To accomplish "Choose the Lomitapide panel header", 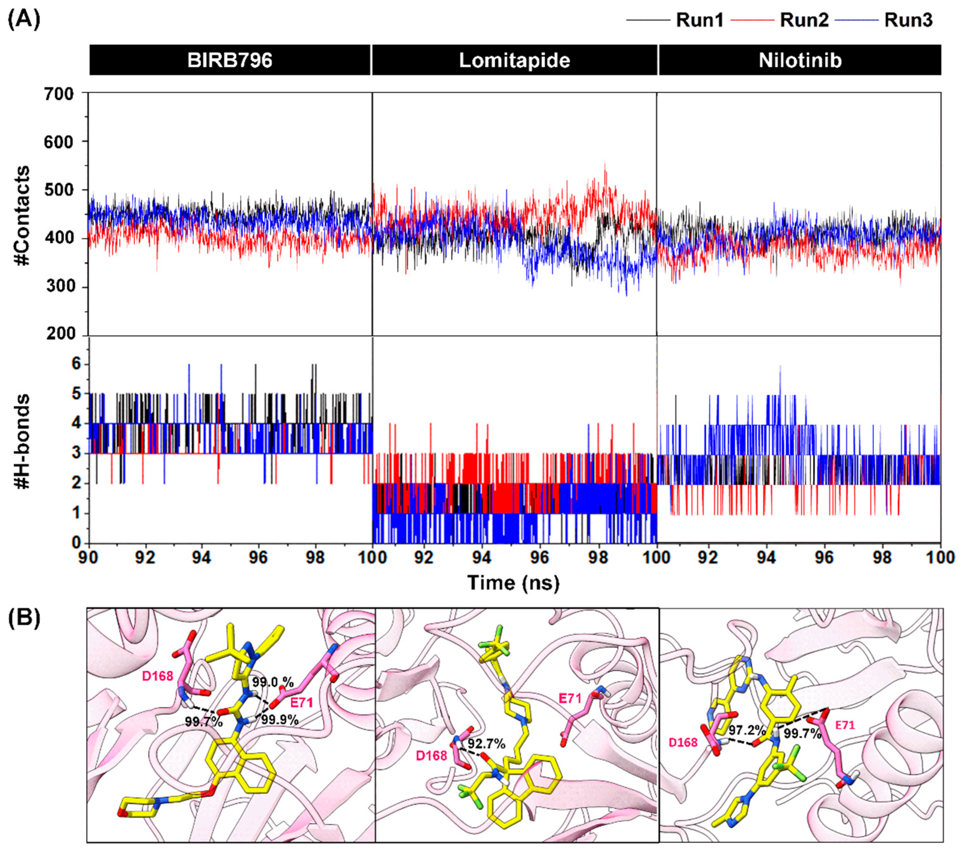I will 514,60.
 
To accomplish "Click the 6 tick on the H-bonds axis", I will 76,364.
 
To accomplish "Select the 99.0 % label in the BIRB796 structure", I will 273,682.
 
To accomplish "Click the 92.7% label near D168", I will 486,744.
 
